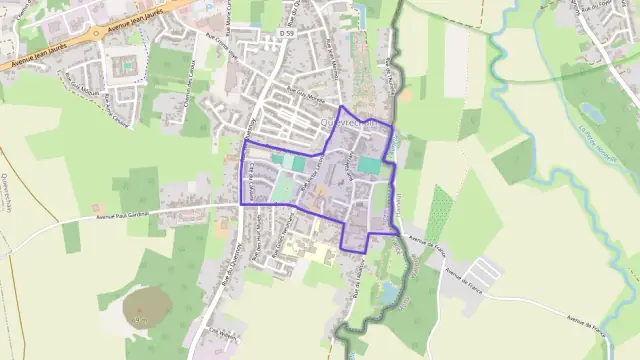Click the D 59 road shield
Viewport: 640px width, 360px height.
287,34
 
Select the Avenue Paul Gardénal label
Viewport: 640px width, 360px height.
130,214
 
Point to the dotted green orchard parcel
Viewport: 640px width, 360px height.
439,214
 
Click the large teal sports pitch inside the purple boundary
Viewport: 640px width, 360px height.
370,165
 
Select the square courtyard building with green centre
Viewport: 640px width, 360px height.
127,65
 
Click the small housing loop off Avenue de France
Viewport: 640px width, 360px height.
486,270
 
